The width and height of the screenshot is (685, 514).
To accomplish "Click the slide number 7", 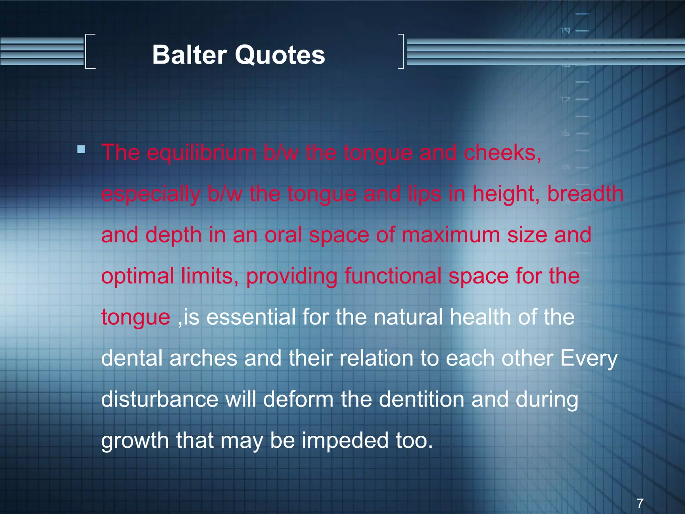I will pos(640,503).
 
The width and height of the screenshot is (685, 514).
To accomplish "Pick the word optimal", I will pos(137,277).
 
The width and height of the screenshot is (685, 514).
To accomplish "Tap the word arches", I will pos(203,358).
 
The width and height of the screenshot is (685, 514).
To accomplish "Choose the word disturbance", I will pos(160,399).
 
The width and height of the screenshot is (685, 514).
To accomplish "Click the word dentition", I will pos(421,399).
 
